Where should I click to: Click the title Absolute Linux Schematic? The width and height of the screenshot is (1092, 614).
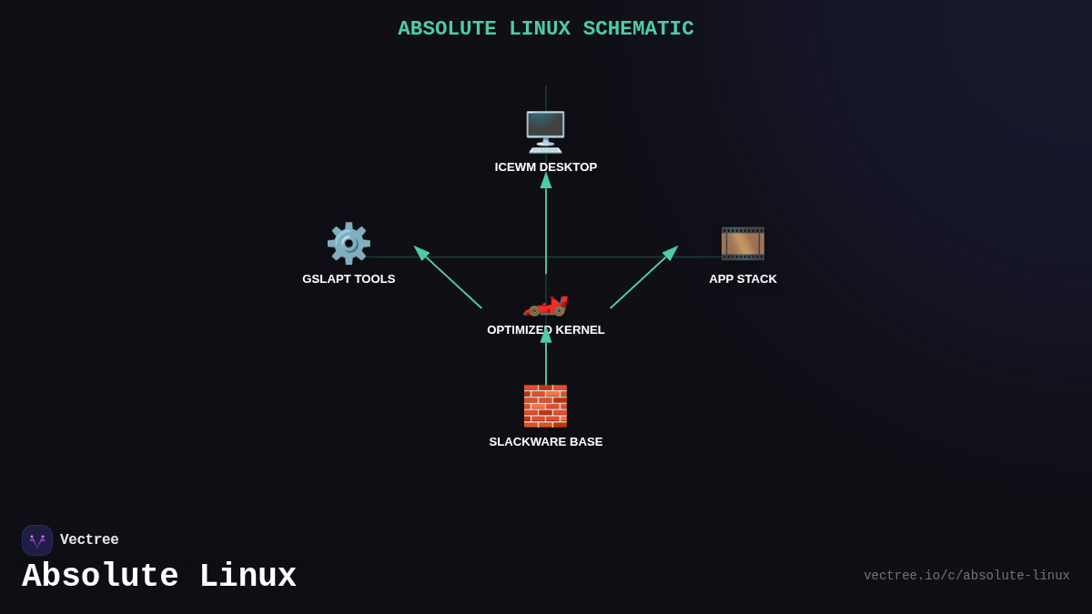pyautogui.click(x=545, y=29)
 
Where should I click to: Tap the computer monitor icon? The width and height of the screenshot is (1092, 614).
pyautogui.click(x=545, y=132)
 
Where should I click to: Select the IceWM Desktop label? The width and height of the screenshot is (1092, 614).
pyautogui.click(x=546, y=167)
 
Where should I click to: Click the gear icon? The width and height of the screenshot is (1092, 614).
pyautogui.click(x=349, y=243)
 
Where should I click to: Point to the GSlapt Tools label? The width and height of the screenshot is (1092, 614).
pyautogui.click(x=349, y=279)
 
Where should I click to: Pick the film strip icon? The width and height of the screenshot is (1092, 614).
pyautogui.click(x=743, y=243)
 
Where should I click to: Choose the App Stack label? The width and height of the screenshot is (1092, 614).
pyautogui.click(x=743, y=279)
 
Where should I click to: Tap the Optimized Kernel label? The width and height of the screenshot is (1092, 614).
pyautogui.click(x=546, y=330)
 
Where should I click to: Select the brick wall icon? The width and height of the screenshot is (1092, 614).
pyautogui.click(x=545, y=406)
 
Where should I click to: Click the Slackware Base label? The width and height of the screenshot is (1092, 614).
pyautogui.click(x=546, y=442)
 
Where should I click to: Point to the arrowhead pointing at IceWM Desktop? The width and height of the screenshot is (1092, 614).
pyautogui.click(x=546, y=180)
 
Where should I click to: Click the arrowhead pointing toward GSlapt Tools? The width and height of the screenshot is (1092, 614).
pyautogui.click(x=421, y=253)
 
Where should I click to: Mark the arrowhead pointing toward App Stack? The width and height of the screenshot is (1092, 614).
pyautogui.click(x=671, y=253)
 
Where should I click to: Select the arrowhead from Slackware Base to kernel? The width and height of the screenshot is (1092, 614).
pyautogui.click(x=546, y=335)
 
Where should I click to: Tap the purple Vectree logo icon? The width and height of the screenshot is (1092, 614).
pyautogui.click(x=37, y=540)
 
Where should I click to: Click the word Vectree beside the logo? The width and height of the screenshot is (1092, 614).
pyautogui.click(x=89, y=540)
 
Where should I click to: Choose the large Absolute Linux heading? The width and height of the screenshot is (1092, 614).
pyautogui.click(x=159, y=577)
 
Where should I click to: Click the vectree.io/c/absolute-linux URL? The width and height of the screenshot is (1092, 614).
pyautogui.click(x=966, y=576)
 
